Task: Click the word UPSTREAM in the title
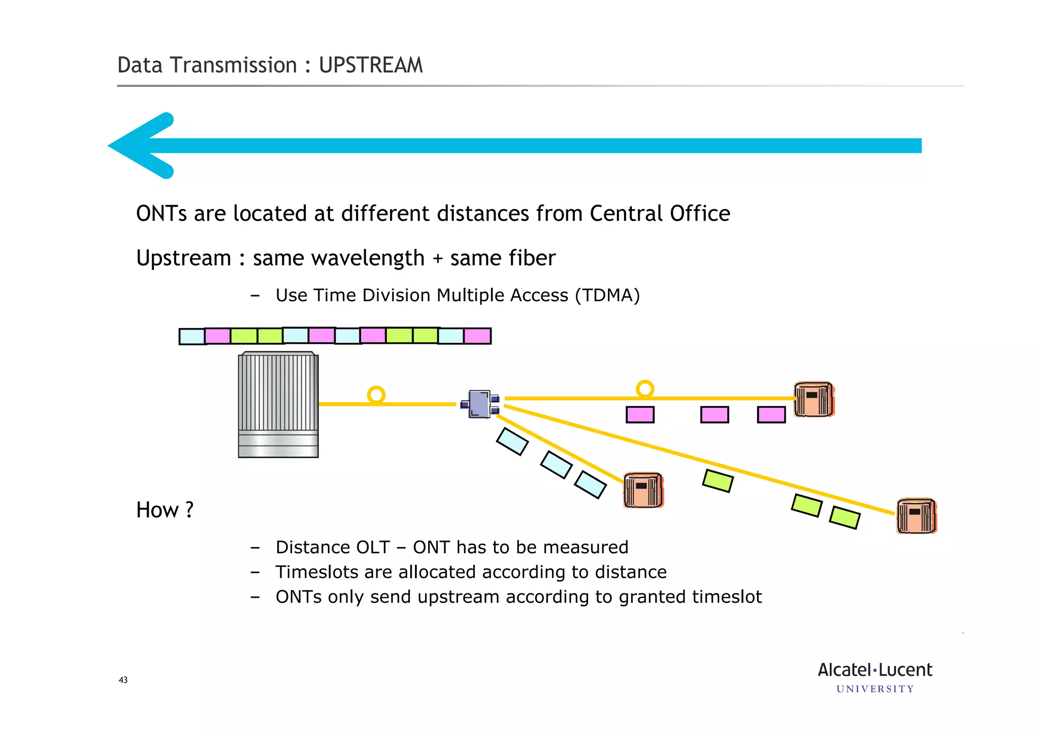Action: click(x=371, y=66)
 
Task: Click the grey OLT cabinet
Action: click(x=278, y=405)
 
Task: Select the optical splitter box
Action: click(x=480, y=404)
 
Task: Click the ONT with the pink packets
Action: click(x=814, y=400)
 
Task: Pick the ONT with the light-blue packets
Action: click(x=643, y=490)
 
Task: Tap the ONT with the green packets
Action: click(x=916, y=516)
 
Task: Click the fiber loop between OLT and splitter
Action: click(x=376, y=395)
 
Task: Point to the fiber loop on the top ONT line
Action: click(x=645, y=389)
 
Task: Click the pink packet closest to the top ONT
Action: click(x=771, y=414)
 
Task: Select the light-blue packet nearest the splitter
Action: click(x=512, y=441)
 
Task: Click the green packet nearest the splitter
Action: click(x=718, y=481)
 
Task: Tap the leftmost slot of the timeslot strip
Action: click(x=192, y=336)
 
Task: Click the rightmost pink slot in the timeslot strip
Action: click(x=477, y=336)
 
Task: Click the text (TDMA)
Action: click(x=607, y=295)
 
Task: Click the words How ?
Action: click(x=165, y=510)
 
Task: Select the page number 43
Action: click(x=123, y=680)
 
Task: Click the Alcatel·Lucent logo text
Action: click(x=874, y=670)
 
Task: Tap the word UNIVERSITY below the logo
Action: click(x=874, y=689)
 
